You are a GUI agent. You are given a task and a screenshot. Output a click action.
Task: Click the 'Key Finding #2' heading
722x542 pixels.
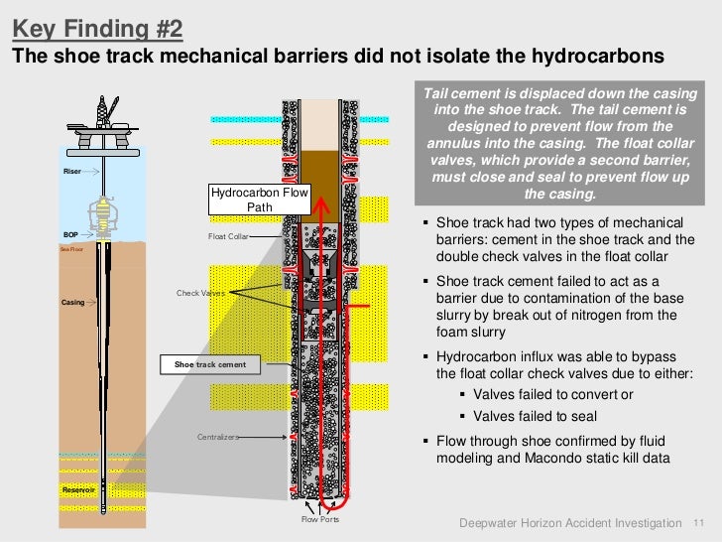[x=97, y=25]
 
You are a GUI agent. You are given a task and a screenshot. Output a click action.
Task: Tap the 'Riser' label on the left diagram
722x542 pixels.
[x=72, y=172]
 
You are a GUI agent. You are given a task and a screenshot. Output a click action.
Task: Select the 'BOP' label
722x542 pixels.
[x=71, y=235]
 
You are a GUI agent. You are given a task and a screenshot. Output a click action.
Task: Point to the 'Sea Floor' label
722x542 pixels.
[x=71, y=249]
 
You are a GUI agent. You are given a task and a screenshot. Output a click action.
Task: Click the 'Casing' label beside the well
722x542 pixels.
[x=73, y=302]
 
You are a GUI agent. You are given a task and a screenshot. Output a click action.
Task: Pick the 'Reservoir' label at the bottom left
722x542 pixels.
[x=77, y=490]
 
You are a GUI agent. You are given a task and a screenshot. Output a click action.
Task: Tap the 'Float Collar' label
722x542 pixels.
[x=228, y=237]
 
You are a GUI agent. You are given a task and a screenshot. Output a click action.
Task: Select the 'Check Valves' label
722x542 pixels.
[x=200, y=294]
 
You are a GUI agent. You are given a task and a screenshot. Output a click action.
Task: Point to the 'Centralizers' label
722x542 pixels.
[x=217, y=436]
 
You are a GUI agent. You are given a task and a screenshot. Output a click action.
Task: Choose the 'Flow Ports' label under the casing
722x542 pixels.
[x=320, y=519]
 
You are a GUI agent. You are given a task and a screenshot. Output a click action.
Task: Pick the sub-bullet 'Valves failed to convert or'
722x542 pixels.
[x=540, y=394]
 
